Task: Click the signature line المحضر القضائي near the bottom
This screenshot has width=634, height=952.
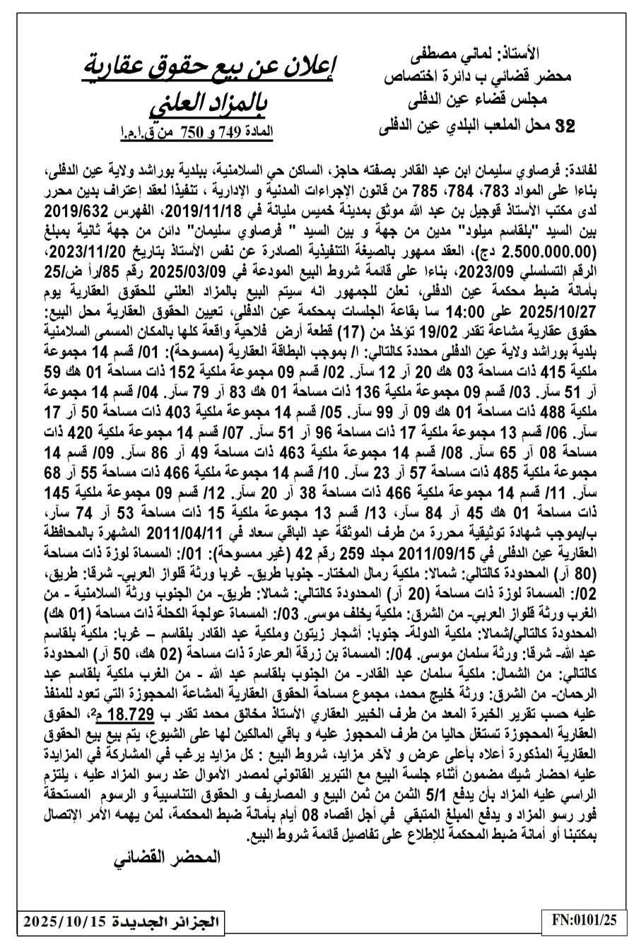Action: [170, 857]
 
